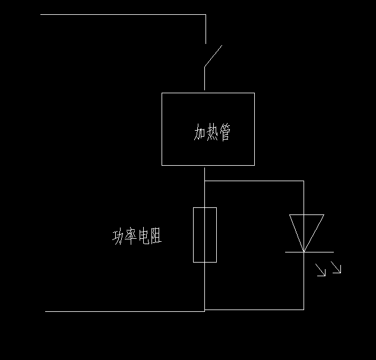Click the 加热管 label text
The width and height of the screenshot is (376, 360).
[212, 132]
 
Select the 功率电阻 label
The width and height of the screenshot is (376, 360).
[137, 237]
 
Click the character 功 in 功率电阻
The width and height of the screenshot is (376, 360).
[118, 237]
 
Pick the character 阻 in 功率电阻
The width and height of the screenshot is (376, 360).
[156, 237]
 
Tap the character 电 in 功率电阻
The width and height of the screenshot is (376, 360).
[143, 237]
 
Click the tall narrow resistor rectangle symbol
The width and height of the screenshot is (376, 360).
[205, 235]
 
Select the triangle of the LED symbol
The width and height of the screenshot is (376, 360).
[306, 229]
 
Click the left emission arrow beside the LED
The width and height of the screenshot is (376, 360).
[321, 271]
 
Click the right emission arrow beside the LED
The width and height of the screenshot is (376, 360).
[337, 269]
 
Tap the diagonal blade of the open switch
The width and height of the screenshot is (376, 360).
[213, 55]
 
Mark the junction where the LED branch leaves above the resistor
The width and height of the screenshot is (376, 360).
[205, 181]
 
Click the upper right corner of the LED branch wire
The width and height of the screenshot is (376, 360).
[304, 181]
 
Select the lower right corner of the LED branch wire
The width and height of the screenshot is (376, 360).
[304, 310]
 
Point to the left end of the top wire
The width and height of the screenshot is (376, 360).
[41, 14]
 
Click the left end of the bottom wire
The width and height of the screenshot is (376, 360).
[46, 311]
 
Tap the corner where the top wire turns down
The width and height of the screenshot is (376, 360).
[206, 14]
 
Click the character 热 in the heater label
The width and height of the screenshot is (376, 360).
[212, 132]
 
